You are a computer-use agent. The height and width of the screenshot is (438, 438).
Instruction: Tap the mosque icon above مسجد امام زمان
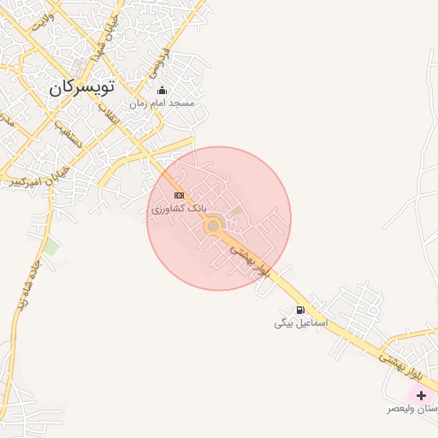click(x=163, y=91)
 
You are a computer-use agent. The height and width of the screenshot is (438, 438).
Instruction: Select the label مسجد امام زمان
click(x=163, y=104)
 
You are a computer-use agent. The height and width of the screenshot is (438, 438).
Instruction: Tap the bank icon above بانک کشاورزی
click(x=178, y=195)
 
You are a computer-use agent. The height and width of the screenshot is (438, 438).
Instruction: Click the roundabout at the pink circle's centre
click(x=213, y=226)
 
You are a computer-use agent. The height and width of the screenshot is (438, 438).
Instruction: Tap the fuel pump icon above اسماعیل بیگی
click(x=299, y=310)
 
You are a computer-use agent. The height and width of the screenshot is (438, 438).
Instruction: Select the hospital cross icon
click(x=421, y=395)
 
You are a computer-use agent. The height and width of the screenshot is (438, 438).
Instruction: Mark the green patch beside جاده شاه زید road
click(x=51, y=247)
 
